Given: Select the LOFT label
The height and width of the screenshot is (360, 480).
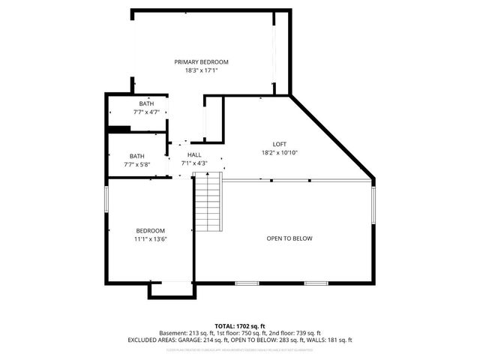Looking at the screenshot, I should [279, 144].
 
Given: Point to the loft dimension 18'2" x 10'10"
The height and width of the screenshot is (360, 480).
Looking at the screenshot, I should [279, 152].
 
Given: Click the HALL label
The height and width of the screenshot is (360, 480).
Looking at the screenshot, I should [194, 154].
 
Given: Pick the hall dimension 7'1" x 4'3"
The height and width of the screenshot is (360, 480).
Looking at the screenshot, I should [194, 163].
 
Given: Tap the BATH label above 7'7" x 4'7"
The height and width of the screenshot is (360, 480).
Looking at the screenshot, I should [146, 104].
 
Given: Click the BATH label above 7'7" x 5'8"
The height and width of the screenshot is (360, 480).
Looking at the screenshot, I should [136, 156].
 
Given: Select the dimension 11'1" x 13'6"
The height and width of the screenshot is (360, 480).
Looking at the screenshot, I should [150, 239].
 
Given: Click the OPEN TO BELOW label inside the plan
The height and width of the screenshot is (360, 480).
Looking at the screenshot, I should [289, 238].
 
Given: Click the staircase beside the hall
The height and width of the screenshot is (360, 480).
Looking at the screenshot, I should [208, 202].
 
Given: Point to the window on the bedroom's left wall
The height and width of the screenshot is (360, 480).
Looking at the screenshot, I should [108, 201].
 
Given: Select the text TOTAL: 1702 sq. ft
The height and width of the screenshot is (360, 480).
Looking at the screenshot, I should [240, 325].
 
